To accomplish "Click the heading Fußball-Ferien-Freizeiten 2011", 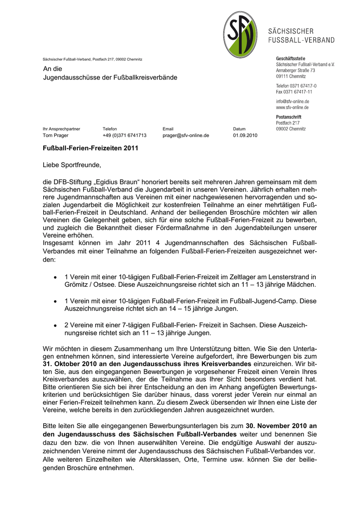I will tap(90, 148).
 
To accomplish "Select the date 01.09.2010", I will tap(245, 135).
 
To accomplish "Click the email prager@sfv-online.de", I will tap(186, 135).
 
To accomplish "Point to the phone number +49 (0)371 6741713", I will tap(124, 135).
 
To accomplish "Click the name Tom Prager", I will tap(56, 135).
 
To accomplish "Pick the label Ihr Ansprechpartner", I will tap(61, 128).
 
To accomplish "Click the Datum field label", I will tap(239, 128).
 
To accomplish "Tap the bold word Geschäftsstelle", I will tap(290, 59).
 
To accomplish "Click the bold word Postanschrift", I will tap(290, 117).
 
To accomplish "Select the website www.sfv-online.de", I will tap(292, 107).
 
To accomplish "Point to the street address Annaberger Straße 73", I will tap(295, 71).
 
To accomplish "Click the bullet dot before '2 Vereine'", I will tap(55, 324).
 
